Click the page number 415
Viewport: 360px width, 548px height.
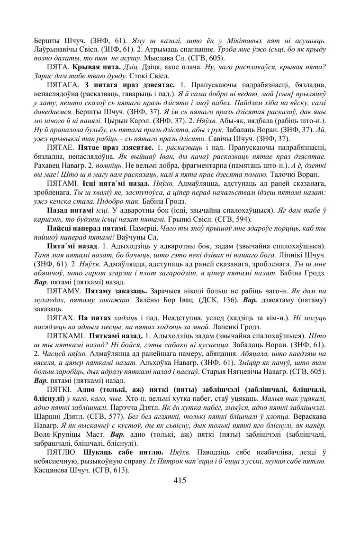180,480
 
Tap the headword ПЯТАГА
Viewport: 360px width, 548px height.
63,85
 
